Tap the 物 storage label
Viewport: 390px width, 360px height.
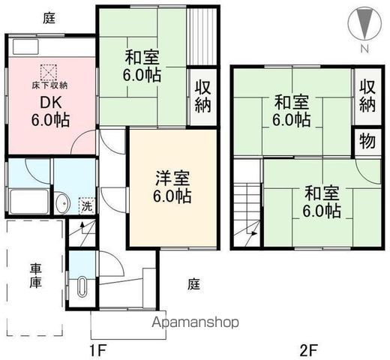[x=366, y=141]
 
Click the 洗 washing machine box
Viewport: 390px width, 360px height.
[x=86, y=205]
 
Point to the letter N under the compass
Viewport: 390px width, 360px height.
[x=363, y=49]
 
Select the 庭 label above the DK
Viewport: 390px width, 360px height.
[x=49, y=18]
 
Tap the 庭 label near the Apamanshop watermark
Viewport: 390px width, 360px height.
[x=193, y=285]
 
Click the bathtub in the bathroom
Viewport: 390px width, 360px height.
[x=30, y=201]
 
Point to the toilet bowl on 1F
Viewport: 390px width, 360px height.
[x=82, y=286]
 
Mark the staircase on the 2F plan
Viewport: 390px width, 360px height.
[x=247, y=212]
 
